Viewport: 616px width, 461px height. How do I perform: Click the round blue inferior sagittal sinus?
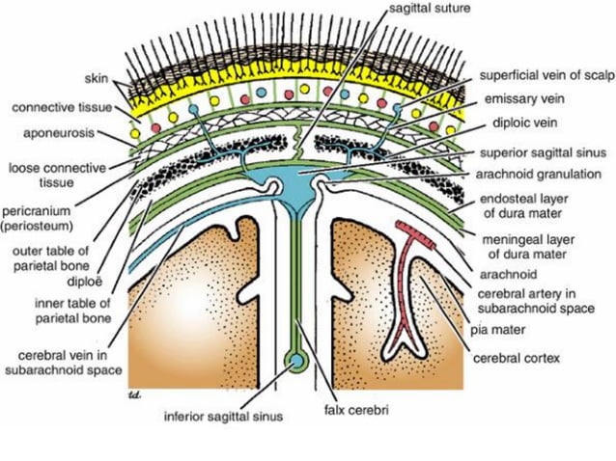click(x=296, y=364)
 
